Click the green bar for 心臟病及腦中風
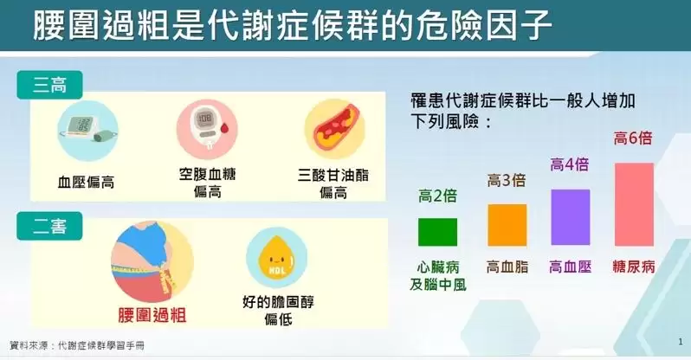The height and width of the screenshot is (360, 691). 437,232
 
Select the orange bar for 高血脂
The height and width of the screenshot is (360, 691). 507,225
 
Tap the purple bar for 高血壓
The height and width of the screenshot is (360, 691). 571,217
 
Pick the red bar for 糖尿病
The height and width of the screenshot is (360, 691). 634,204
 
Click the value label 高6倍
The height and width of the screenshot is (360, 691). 633,138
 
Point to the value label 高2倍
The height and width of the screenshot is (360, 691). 437,196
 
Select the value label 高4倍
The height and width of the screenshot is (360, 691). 570,164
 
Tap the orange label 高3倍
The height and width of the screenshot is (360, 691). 507,180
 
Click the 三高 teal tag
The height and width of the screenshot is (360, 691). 50,85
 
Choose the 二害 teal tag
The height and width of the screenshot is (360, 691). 50,226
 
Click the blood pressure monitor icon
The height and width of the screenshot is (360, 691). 87,131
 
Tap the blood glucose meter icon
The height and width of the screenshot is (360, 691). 207,130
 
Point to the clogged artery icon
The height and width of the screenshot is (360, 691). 335,130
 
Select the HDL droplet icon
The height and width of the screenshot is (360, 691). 277,258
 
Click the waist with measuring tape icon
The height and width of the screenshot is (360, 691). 152,261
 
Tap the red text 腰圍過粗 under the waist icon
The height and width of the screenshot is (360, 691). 152,315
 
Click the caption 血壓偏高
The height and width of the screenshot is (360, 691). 86,182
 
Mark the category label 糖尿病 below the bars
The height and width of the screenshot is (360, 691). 634,267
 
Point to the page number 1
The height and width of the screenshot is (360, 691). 681,342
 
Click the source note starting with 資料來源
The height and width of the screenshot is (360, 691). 77,345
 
